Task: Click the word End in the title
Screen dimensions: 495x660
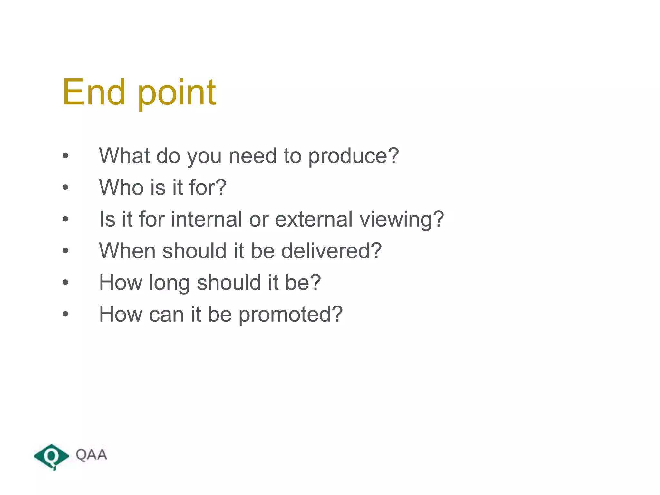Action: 93,92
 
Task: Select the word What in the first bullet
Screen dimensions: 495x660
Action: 124,156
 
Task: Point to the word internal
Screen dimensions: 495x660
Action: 207,219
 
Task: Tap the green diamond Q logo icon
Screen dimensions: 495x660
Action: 51,456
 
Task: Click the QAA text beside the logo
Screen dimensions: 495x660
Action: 91,455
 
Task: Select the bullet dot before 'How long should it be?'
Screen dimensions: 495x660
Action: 66,283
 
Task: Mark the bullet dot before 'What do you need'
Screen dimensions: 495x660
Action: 66,156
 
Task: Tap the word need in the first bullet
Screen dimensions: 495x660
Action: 252,156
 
